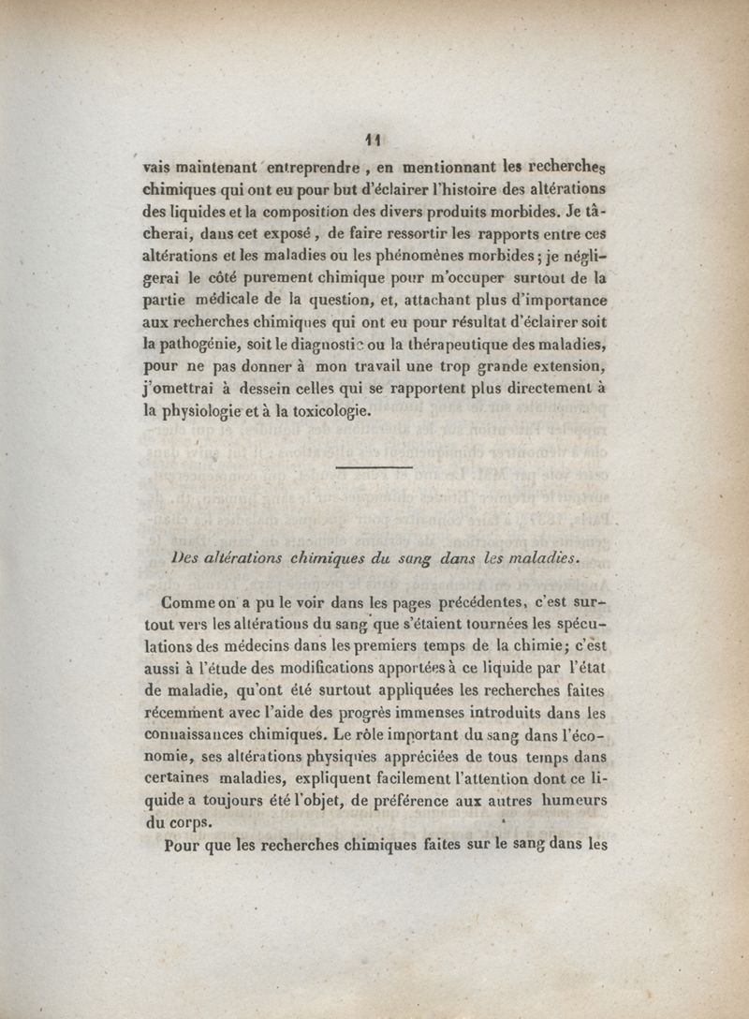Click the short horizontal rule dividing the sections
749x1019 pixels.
tap(374, 466)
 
